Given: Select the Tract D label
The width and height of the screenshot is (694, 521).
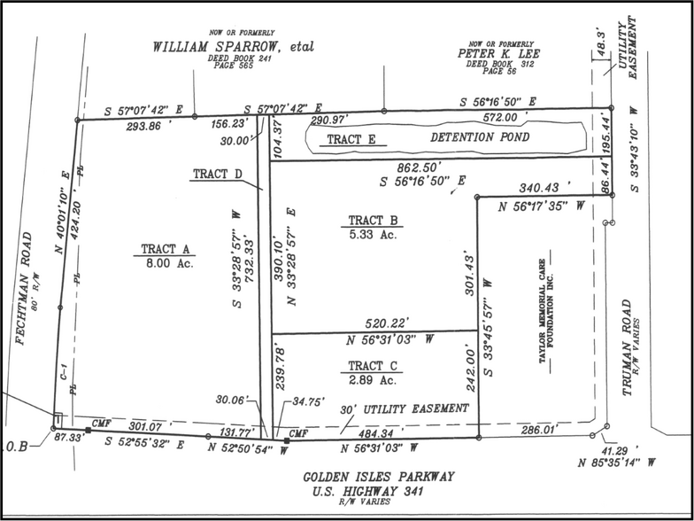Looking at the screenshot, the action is [216, 174].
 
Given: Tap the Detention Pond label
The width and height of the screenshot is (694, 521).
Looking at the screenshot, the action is [480, 139].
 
